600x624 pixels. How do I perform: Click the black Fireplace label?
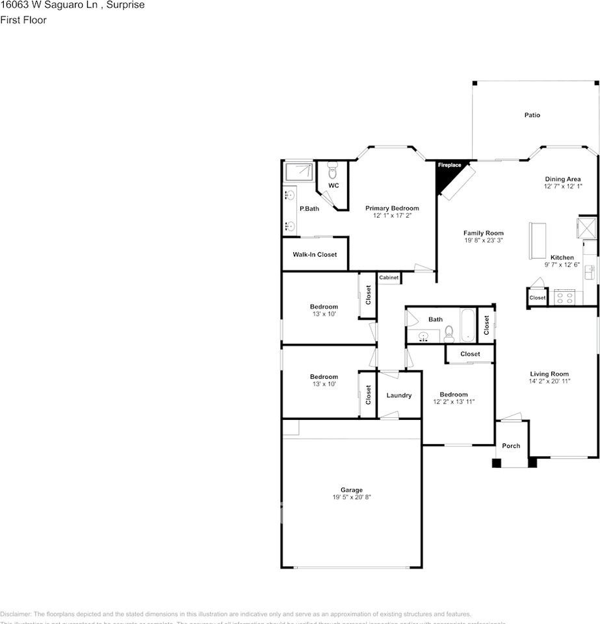tap(449, 165)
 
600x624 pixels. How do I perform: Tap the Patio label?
tap(532, 115)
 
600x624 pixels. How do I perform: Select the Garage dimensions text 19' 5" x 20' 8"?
tap(352, 497)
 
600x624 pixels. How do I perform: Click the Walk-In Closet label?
tap(315, 254)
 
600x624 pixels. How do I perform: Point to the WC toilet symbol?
tap(333, 172)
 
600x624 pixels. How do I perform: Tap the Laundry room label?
tap(398, 395)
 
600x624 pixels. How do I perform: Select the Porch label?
tap(511, 446)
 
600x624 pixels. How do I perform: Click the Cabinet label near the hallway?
tap(389, 278)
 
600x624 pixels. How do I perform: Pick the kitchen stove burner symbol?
tap(563, 298)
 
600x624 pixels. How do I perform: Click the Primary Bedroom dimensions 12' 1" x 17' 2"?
tap(392, 215)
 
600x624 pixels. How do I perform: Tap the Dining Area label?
tap(562, 179)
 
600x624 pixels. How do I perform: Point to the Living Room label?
tap(549, 374)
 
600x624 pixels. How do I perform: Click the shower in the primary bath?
tap(298, 171)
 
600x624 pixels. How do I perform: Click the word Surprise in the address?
tap(127, 5)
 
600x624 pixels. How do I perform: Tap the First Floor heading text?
tap(23, 20)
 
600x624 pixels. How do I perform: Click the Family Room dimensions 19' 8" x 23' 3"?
tap(483, 240)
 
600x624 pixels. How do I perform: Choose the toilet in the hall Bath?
tap(449, 335)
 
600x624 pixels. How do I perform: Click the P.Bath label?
tap(309, 209)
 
